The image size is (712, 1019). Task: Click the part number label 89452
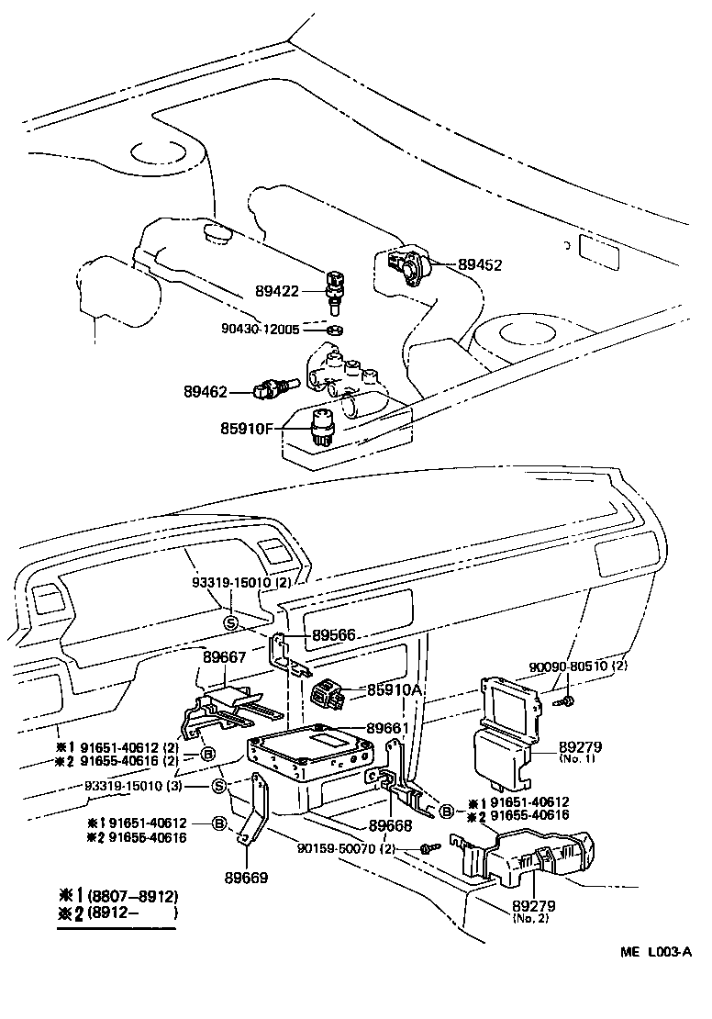coord(480,265)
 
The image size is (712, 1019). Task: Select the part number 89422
coord(277,291)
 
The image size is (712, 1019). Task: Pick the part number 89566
coord(334,634)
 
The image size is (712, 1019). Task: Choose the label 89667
coord(225,657)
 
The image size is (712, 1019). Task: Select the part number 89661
coord(389,728)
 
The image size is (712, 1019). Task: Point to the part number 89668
coord(389,826)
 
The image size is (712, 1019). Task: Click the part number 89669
coord(246,878)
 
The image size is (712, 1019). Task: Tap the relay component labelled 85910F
coord(324,426)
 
